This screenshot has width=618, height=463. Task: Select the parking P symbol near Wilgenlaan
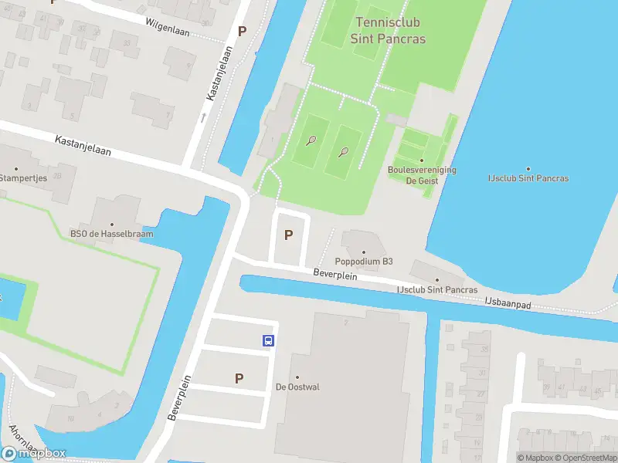coord(243,32)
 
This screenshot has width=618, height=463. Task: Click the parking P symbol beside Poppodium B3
coord(289,235)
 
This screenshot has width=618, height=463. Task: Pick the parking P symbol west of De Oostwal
coord(239,378)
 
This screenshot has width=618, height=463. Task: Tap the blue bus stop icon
coord(268,340)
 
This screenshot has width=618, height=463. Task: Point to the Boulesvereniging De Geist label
coord(422,174)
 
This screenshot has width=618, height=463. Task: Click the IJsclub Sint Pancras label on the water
coord(528,178)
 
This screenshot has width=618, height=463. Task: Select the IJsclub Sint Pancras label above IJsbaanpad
coord(436,289)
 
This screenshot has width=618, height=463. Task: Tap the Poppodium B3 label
coord(364,261)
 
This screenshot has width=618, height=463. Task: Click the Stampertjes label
coord(23,178)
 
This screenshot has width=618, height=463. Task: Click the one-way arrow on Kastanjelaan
coord(203,118)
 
